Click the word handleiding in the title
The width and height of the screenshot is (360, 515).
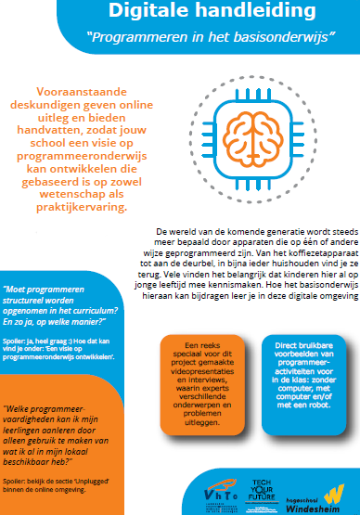(238, 12)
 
